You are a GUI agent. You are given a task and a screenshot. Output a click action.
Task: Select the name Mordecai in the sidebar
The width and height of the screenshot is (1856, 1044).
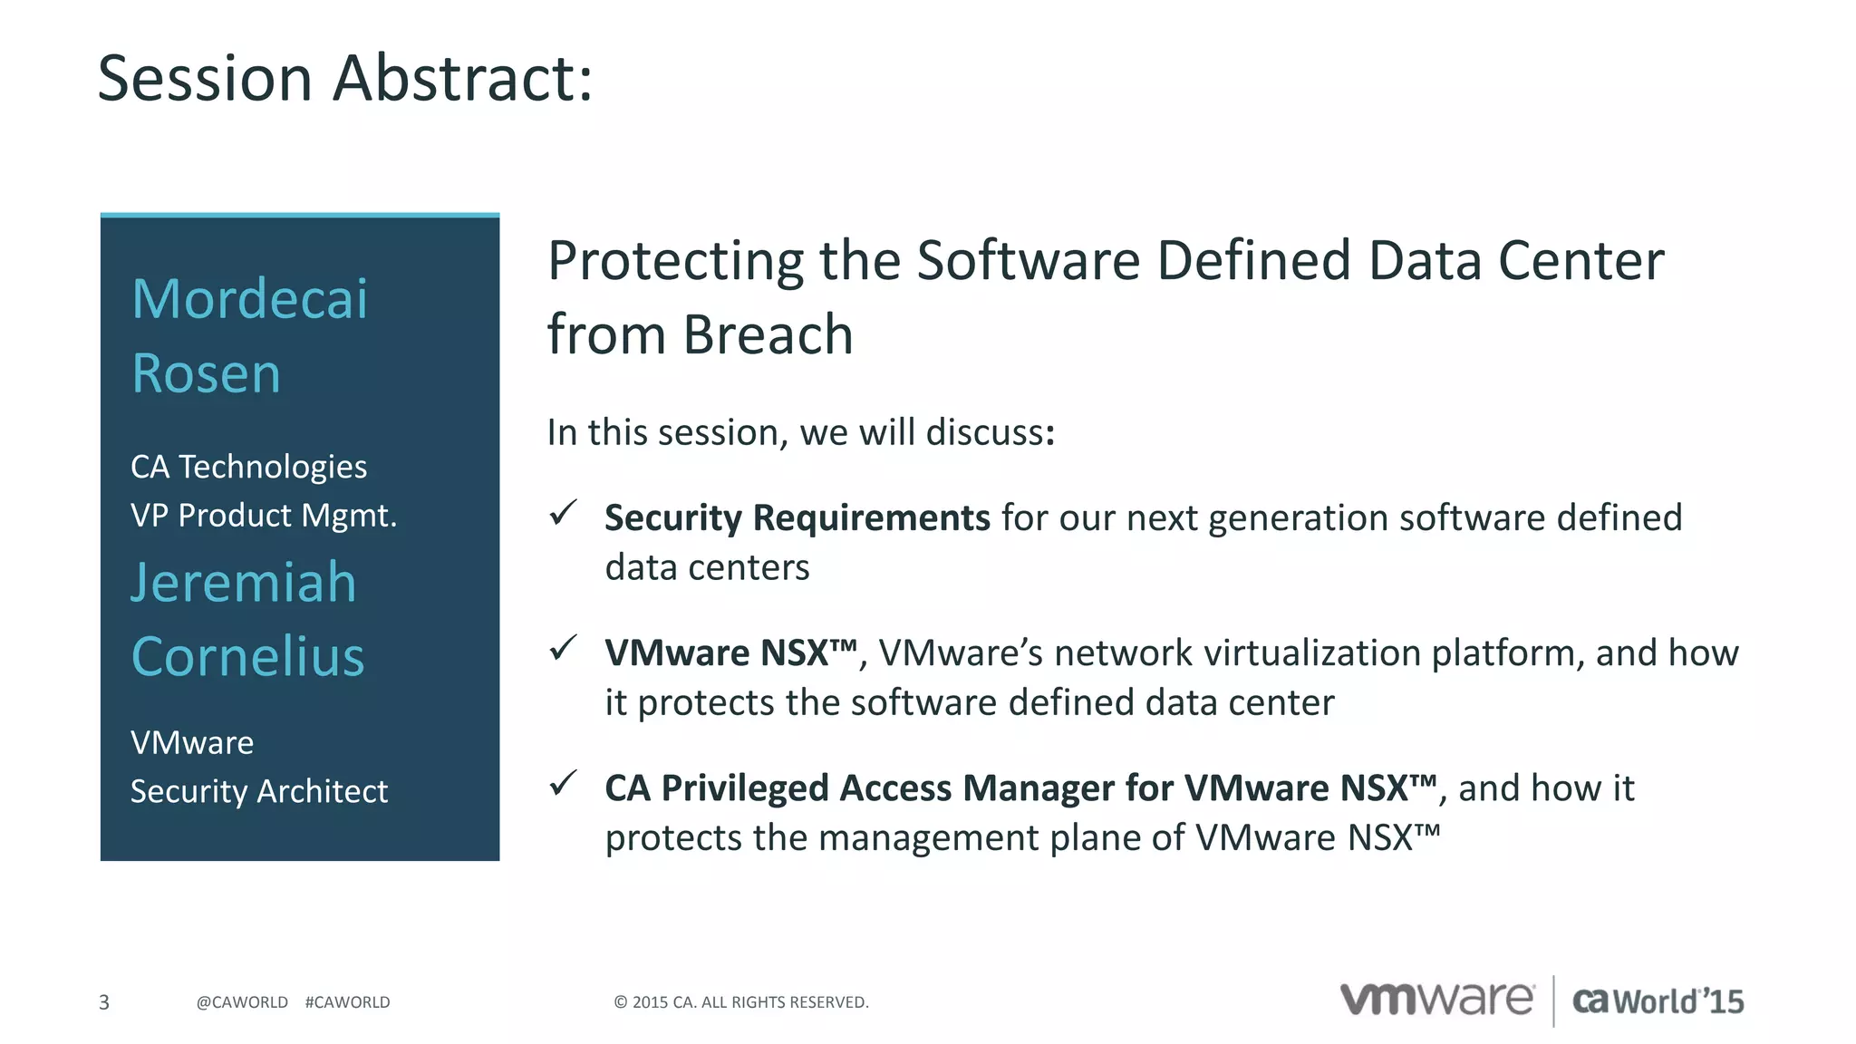click(250, 299)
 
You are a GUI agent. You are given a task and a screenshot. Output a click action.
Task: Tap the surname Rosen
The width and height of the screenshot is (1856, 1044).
click(207, 373)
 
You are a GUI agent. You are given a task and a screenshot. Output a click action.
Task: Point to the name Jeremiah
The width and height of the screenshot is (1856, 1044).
click(244, 582)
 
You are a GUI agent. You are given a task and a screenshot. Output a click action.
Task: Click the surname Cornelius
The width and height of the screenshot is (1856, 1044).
click(248, 656)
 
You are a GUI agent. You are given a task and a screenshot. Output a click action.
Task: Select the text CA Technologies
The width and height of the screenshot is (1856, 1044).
click(249, 467)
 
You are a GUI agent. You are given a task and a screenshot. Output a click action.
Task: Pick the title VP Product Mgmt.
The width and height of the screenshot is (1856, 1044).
click(264, 515)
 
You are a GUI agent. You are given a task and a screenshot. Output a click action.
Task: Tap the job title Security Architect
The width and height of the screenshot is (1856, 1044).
click(259, 791)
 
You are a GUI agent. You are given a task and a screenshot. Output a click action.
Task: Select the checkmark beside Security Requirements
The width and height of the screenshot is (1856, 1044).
click(563, 513)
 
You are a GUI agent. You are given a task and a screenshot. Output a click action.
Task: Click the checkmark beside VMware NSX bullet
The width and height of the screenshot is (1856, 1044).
click(563, 648)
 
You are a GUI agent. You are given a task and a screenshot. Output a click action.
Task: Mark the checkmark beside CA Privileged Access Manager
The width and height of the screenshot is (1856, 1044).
click(563, 783)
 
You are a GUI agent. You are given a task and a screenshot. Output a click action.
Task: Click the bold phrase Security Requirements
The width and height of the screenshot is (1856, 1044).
click(797, 517)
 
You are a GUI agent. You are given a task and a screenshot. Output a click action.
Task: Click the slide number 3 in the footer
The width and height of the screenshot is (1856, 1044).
click(104, 1002)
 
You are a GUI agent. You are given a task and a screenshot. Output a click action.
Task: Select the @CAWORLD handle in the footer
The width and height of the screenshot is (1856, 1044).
click(242, 1002)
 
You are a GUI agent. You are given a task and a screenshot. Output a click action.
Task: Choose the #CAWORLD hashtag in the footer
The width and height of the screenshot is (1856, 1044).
click(348, 1002)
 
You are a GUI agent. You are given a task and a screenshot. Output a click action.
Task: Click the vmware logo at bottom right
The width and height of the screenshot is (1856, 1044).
click(1437, 999)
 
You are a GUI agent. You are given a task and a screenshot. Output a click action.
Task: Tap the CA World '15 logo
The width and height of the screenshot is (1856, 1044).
click(1658, 1000)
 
